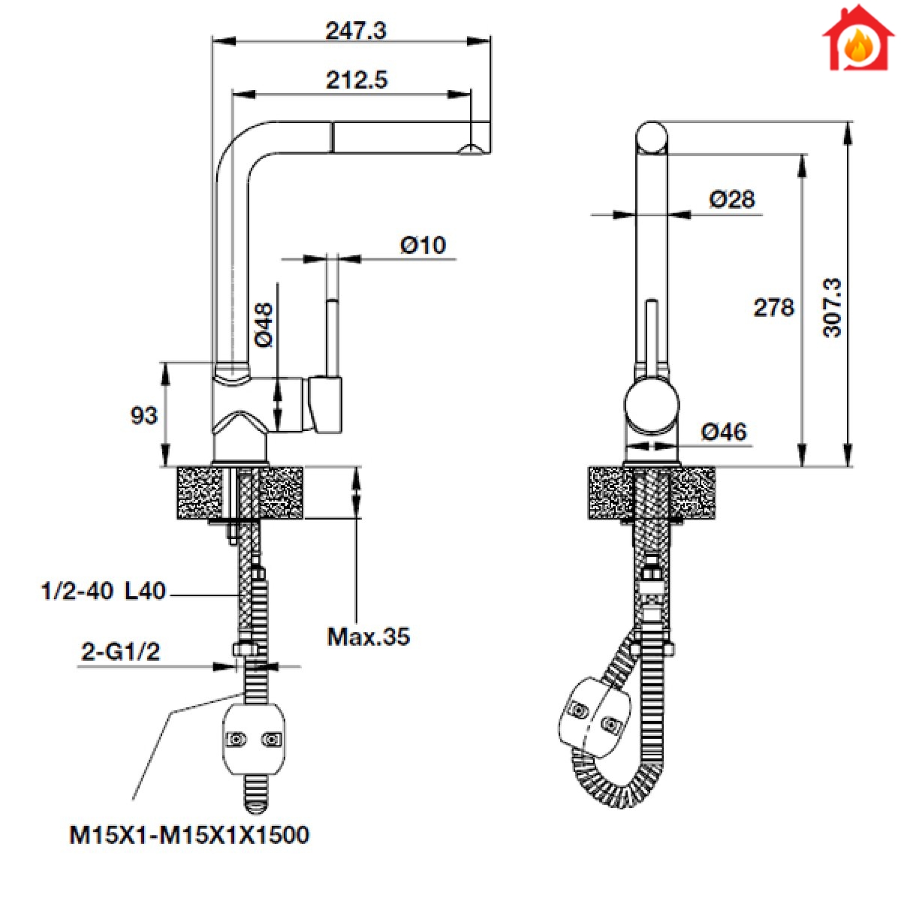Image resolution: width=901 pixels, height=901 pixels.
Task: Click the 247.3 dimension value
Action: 356,31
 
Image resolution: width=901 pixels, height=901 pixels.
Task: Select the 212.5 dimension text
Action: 357,80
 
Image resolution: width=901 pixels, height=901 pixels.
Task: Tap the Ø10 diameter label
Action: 423,246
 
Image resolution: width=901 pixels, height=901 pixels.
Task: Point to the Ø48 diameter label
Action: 264,325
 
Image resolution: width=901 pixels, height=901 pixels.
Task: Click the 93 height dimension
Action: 144,415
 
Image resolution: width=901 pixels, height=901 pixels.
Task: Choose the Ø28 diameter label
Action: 732,199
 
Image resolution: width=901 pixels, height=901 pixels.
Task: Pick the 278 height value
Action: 774,308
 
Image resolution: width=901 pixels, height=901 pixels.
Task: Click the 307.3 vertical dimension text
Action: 832,307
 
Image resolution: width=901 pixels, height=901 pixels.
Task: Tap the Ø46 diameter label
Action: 724,432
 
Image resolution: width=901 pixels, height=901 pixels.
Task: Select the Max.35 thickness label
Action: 369,637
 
